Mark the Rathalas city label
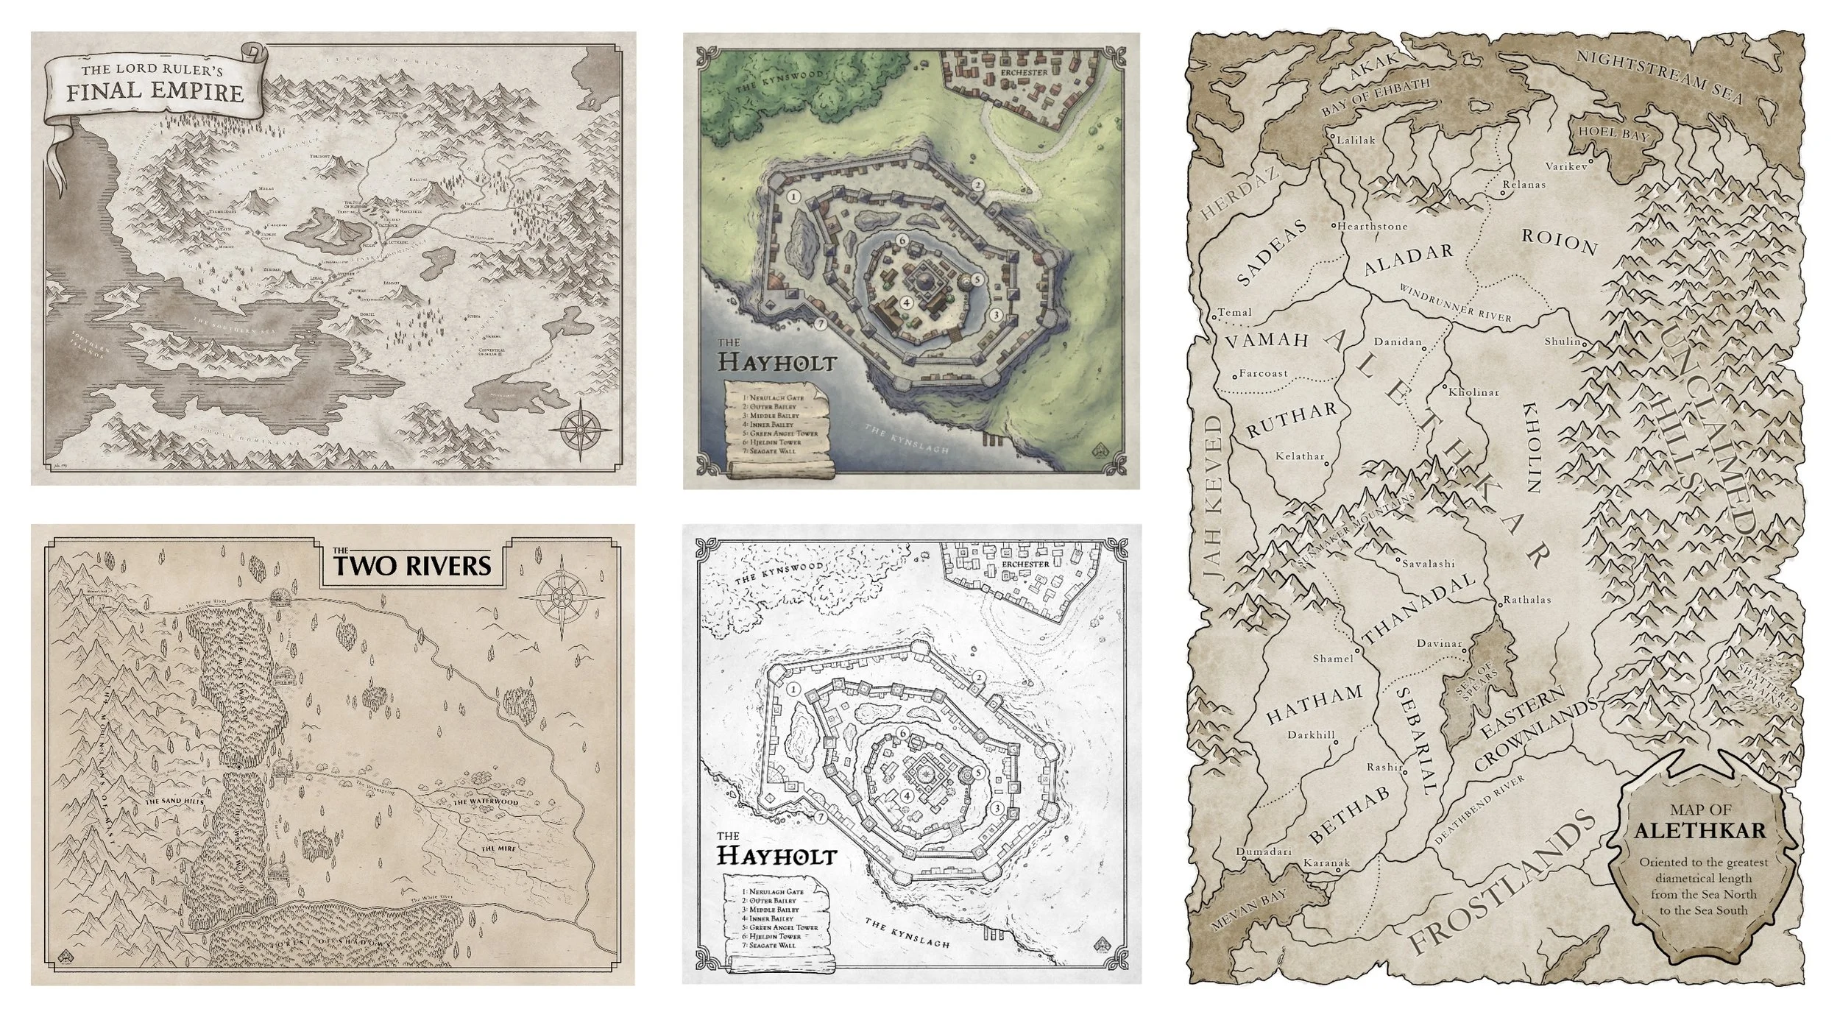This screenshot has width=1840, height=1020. pos(1526,600)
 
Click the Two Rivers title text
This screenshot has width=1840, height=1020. pos(411,565)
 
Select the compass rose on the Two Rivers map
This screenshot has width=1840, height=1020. pos(556,597)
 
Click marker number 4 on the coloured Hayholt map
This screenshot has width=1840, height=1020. pos(907,302)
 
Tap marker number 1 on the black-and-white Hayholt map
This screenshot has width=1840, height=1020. pos(793,690)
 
